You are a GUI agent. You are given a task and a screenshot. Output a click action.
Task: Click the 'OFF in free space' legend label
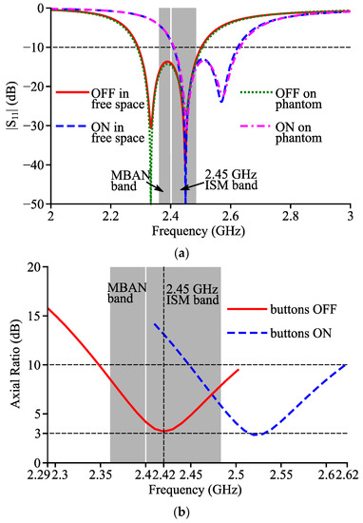point(118,99)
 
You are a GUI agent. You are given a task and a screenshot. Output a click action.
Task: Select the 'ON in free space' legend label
point(118,133)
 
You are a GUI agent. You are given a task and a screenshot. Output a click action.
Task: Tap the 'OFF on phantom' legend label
point(298,99)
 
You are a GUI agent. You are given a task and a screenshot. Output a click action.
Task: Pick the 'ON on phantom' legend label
point(298,133)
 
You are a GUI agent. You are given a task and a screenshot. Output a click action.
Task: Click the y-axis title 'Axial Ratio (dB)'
point(15,364)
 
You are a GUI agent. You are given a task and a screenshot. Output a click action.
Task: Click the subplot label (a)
point(181,254)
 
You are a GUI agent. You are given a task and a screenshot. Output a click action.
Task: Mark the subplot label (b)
point(181,511)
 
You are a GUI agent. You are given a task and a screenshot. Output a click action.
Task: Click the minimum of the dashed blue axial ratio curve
point(256,435)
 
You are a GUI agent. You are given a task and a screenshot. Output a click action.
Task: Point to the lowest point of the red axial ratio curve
point(163,432)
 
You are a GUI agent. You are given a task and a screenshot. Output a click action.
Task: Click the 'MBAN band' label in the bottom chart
point(127,293)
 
